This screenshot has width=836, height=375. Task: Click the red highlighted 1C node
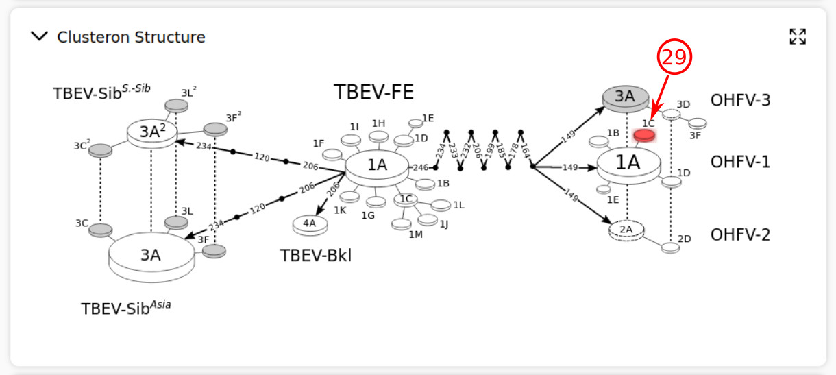[x=644, y=135]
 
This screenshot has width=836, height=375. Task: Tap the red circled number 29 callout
[x=675, y=58]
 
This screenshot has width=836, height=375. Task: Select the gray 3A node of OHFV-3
[x=624, y=98]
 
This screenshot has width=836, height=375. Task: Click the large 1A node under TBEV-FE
[x=377, y=165]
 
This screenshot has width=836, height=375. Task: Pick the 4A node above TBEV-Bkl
[x=310, y=223]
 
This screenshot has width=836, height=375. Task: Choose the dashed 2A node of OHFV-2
[x=626, y=230]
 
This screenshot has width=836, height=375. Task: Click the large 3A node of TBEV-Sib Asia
[x=151, y=254]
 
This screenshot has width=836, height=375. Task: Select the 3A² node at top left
[x=151, y=132]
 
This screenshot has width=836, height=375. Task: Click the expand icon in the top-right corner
[x=797, y=36]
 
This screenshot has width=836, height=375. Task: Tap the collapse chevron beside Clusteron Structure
[x=40, y=36]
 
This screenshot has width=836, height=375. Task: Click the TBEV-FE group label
[x=373, y=92]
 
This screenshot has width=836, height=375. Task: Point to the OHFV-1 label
[x=740, y=162]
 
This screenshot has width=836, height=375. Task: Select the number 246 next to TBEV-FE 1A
[x=420, y=167]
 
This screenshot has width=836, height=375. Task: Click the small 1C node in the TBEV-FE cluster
[x=406, y=199]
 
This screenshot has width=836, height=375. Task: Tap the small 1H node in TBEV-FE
[x=378, y=135]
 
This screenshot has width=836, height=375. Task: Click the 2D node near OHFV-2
[x=670, y=247]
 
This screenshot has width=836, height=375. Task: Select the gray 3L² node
[x=177, y=106]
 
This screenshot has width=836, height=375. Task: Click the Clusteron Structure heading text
[x=131, y=37]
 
